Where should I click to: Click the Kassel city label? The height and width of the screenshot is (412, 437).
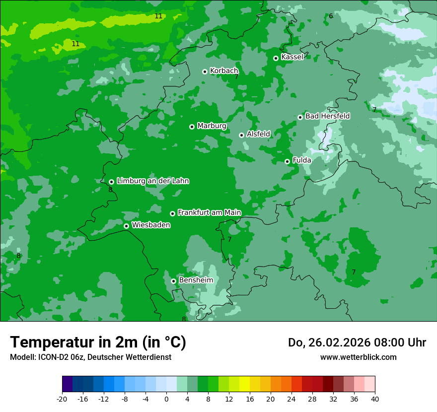(292, 57)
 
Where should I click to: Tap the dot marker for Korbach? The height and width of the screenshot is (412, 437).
(205, 71)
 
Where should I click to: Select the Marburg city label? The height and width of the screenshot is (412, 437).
(212, 126)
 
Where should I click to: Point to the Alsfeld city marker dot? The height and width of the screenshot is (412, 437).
(241, 135)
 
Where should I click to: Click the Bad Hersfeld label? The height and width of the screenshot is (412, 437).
(327, 116)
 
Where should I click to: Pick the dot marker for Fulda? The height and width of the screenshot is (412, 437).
(287, 161)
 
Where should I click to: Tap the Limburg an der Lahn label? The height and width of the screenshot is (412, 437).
(152, 181)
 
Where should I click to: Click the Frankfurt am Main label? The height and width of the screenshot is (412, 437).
(209, 213)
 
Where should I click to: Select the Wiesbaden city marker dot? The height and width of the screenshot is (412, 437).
(126, 226)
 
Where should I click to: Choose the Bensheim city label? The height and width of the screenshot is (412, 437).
(196, 280)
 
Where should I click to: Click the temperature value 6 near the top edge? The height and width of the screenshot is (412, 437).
(331, 16)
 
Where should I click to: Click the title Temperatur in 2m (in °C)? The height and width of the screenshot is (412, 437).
(98, 343)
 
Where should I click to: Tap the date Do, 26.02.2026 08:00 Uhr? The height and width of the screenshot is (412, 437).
(357, 343)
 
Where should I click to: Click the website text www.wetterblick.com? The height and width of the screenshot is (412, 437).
(358, 357)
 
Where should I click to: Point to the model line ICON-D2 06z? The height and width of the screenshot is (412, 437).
(90, 357)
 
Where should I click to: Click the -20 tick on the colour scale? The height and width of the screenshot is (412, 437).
(62, 399)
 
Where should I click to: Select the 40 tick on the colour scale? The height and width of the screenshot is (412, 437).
(375, 399)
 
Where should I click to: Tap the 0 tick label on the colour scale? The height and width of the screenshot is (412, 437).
(166, 399)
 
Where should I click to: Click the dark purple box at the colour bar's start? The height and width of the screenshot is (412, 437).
(68, 384)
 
